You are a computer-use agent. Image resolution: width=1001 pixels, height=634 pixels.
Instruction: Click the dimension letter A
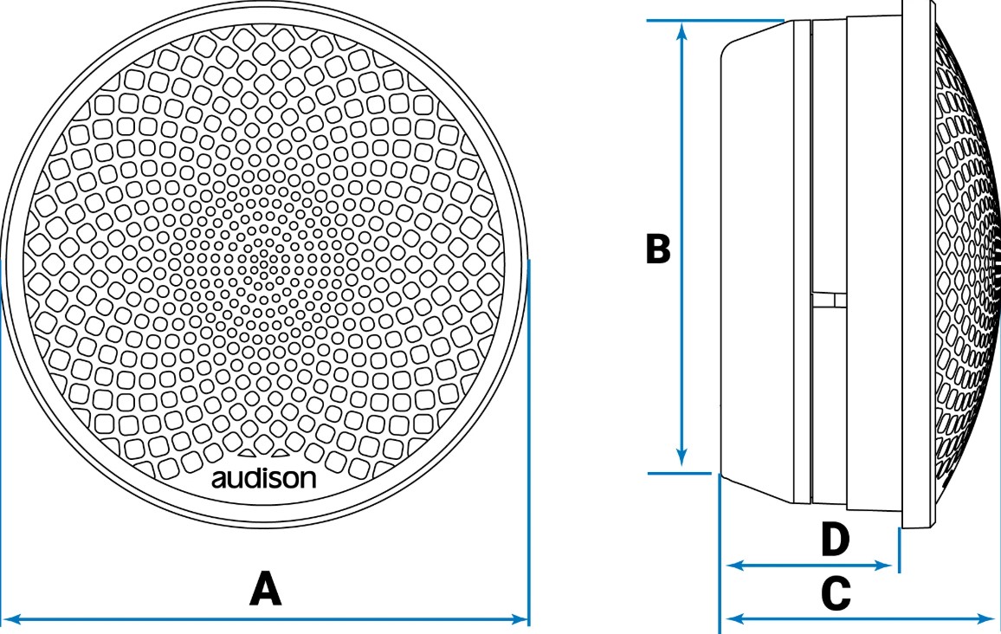[x=266, y=589]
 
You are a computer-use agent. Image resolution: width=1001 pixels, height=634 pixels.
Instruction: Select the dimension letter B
[x=658, y=249]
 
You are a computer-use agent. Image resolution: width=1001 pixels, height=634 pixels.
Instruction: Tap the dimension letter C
[x=835, y=595]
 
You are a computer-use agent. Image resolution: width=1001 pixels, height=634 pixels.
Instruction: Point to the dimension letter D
[x=835, y=540]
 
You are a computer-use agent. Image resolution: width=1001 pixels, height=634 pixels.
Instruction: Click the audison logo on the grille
[x=264, y=479]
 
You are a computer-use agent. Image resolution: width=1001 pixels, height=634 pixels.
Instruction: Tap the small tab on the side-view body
[x=830, y=300]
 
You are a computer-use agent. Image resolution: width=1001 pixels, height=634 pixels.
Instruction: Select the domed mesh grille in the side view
[x=965, y=260]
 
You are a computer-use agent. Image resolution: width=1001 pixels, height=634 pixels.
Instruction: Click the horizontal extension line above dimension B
[x=715, y=19]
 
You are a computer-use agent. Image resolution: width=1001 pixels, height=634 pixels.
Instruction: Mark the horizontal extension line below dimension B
[x=680, y=473]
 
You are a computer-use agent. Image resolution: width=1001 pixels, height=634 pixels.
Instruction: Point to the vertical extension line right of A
[x=529, y=433]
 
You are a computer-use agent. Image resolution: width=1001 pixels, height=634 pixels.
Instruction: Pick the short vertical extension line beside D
[x=899, y=551]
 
